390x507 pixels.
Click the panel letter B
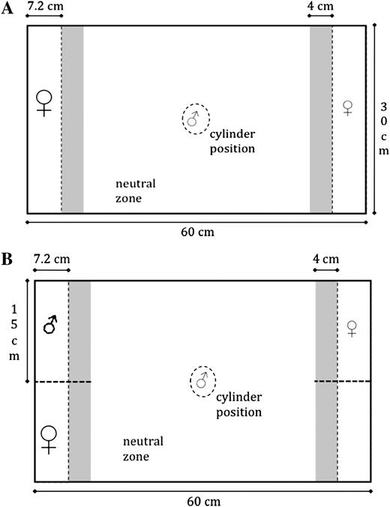(7, 259)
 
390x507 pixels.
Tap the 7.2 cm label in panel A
(45, 6)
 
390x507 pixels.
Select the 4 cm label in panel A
(320, 6)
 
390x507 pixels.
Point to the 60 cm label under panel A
(197, 232)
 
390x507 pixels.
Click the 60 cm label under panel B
(204, 501)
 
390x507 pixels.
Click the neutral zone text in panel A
(136, 190)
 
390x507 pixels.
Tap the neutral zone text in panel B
(143, 448)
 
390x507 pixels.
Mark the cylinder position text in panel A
(232, 141)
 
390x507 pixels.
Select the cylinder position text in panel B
(238, 404)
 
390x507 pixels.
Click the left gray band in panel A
(73, 119)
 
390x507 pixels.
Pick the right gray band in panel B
(326, 381)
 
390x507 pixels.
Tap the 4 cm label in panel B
(325, 259)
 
